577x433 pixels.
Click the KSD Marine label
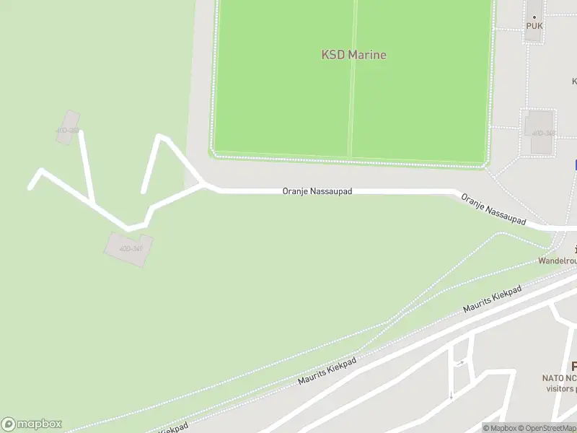pyautogui.click(x=353, y=55)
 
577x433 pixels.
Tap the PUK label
pyautogui.click(x=534, y=26)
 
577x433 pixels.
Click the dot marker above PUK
pyautogui.click(x=534, y=17)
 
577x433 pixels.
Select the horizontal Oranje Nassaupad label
pyautogui.click(x=317, y=193)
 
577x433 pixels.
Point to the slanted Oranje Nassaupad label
pyautogui.click(x=493, y=209)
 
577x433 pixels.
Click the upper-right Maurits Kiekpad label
pyautogui.click(x=492, y=300)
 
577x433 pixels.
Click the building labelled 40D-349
pyautogui.click(x=128, y=248)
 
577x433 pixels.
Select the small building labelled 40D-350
pyautogui.click(x=68, y=128)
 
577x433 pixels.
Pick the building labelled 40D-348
pyautogui.click(x=542, y=131)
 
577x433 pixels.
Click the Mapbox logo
pyautogui.click(x=32, y=424)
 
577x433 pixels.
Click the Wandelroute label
pyautogui.click(x=558, y=261)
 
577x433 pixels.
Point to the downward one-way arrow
pyautogui.click(x=451, y=395)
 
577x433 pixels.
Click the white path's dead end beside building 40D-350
pyautogui.click(x=81, y=133)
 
